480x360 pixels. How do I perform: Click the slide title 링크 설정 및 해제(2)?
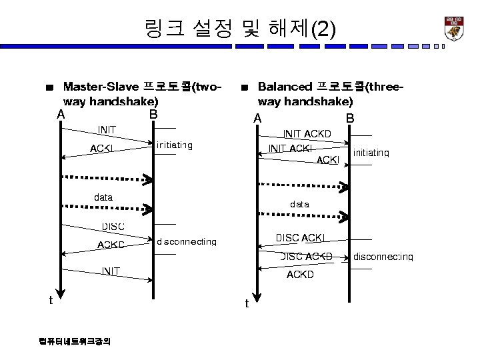pyautogui.click(x=240, y=28)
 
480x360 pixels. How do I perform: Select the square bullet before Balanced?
pyautogui.click(x=245, y=87)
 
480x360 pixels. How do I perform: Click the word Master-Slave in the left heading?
pyautogui.click(x=101, y=87)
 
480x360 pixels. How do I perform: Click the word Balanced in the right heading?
pyautogui.click(x=285, y=87)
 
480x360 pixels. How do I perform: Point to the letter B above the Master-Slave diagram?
pyautogui.click(x=153, y=114)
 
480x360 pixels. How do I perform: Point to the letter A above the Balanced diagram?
pyautogui.click(x=257, y=119)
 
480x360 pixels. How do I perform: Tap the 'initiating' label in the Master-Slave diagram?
pyautogui.click(x=174, y=145)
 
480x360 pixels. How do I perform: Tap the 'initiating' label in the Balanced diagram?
pyautogui.click(x=371, y=153)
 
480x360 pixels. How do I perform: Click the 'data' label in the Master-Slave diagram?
pyautogui.click(x=103, y=197)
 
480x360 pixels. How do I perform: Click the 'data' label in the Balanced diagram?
pyautogui.click(x=299, y=204)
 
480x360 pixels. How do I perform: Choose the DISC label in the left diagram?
pyautogui.click(x=113, y=227)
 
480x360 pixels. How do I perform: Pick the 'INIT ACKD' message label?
pyautogui.click(x=307, y=134)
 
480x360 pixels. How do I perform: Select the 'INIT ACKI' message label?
pyautogui.click(x=290, y=148)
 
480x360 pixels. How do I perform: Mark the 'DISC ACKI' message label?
pyautogui.click(x=300, y=237)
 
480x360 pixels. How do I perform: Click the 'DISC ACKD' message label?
pyautogui.click(x=307, y=256)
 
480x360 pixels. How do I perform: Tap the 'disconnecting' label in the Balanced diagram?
pyautogui.click(x=383, y=257)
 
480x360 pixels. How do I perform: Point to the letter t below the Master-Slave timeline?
pyautogui.click(x=51, y=300)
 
